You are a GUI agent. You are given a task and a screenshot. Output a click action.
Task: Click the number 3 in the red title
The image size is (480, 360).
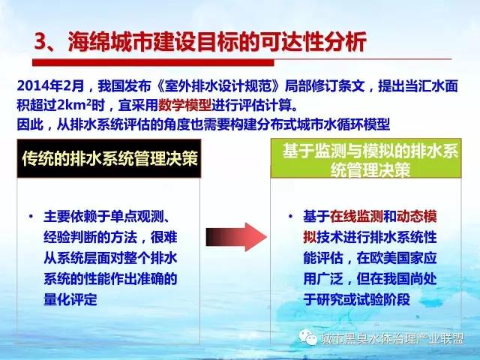[x=40, y=42]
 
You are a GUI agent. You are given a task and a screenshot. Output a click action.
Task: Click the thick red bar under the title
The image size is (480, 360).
[x=153, y=63]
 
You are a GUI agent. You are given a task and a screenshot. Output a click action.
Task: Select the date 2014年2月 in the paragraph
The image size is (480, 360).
[x=50, y=86]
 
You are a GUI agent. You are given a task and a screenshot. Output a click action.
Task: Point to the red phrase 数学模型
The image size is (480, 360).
[x=184, y=106]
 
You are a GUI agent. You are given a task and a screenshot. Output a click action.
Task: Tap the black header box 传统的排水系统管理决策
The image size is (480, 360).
[x=109, y=158]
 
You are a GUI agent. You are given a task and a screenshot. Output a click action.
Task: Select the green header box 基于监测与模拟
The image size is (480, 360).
[x=366, y=158]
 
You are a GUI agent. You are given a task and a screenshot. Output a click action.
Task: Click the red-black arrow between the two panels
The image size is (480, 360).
[x=236, y=237]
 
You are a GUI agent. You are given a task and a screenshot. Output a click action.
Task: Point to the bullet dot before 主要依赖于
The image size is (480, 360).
[x=31, y=216]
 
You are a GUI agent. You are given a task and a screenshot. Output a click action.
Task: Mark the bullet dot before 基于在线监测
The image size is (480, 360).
[x=290, y=216]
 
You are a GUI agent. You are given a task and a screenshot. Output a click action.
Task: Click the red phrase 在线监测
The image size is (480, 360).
[x=356, y=217]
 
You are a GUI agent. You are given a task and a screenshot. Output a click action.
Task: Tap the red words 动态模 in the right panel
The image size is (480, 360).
[x=417, y=217]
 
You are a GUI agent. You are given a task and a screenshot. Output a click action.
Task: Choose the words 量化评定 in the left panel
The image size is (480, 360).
[x=70, y=299]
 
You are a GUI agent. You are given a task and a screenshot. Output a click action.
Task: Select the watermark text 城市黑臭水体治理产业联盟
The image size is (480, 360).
[x=393, y=339]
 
